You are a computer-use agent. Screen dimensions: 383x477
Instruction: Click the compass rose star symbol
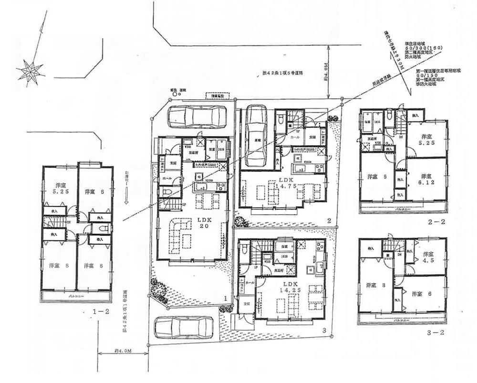coord(30,72)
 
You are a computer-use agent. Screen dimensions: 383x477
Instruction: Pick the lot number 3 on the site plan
coord(323,330)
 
